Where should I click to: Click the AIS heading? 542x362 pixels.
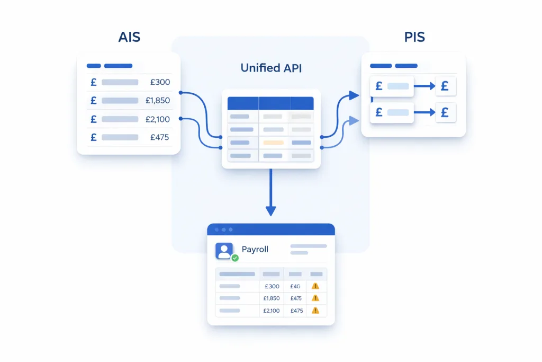(x=129, y=38)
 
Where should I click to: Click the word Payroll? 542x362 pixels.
(x=255, y=249)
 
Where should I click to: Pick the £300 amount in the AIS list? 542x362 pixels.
(x=160, y=82)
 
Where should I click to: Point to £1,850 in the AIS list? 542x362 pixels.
(x=158, y=100)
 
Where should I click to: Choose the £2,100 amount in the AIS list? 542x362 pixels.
(x=158, y=119)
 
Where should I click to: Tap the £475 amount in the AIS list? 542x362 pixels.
(x=159, y=137)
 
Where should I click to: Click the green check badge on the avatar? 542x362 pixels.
(x=235, y=258)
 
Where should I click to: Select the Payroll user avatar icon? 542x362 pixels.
(x=224, y=251)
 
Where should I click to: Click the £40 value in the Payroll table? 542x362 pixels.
(x=295, y=286)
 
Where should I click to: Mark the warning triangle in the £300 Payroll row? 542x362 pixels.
(x=315, y=286)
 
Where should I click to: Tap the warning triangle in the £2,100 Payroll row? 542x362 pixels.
(x=315, y=311)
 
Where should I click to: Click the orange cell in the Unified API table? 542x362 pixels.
(x=274, y=143)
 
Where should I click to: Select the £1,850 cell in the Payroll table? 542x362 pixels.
(x=271, y=298)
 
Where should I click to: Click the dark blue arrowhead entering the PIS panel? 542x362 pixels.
(x=354, y=95)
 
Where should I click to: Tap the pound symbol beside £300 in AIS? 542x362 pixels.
(x=94, y=82)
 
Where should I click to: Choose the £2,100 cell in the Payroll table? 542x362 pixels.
(x=271, y=311)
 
